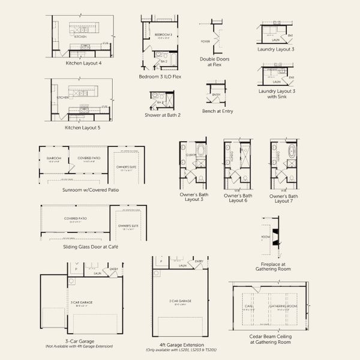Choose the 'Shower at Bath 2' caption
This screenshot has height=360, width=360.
click(x=162, y=115)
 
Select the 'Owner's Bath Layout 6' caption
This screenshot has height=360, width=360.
click(x=236, y=198)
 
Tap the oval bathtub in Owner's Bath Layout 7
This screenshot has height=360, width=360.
click(x=290, y=152)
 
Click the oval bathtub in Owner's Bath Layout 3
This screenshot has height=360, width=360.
click(x=199, y=152)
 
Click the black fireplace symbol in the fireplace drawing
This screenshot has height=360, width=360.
click(x=275, y=238)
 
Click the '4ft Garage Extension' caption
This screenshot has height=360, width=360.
click(x=178, y=345)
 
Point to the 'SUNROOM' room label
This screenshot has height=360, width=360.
click(x=54, y=158)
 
